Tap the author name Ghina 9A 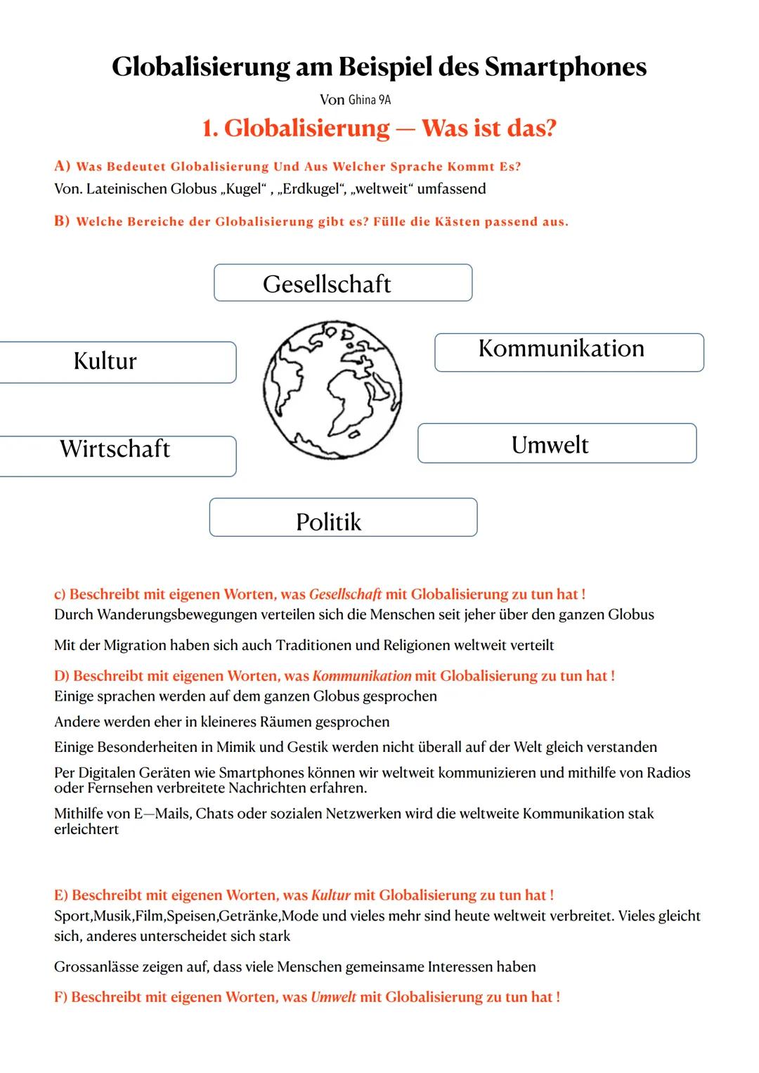tap(370, 100)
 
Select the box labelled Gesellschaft tap(343, 283)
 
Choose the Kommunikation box tap(569, 352)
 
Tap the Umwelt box tap(557, 443)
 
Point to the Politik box tap(343, 518)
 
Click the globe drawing tap(332, 391)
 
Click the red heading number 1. tap(208, 129)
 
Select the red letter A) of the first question tap(63, 167)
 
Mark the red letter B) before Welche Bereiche tap(63, 221)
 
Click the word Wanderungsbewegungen tap(180, 615)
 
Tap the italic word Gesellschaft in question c tap(345, 594)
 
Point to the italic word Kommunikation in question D tap(362, 676)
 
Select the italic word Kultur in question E tap(330, 895)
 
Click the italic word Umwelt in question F tap(334, 997)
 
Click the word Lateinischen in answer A tap(126, 189)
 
